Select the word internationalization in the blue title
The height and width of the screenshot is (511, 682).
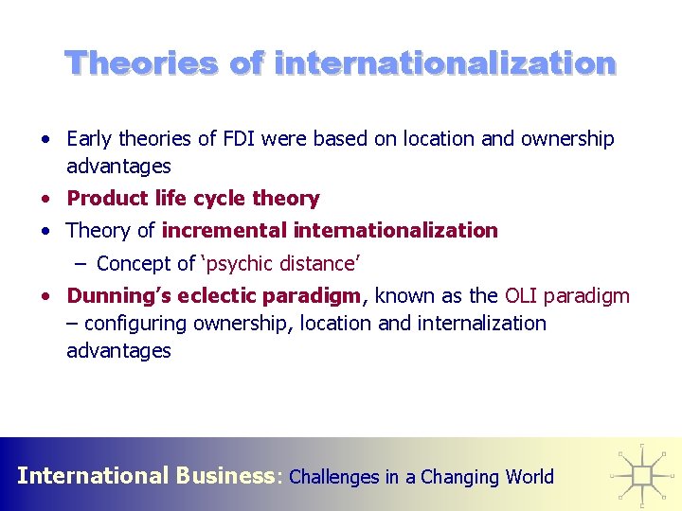445,63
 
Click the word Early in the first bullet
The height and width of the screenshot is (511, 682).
89,139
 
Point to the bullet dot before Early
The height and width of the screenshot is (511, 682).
45,139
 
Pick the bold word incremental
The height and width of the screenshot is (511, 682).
225,230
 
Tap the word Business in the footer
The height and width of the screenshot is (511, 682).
224,475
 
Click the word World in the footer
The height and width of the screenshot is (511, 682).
529,477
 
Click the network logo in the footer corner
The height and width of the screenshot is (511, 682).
642,473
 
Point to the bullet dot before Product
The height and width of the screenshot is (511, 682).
45,199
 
